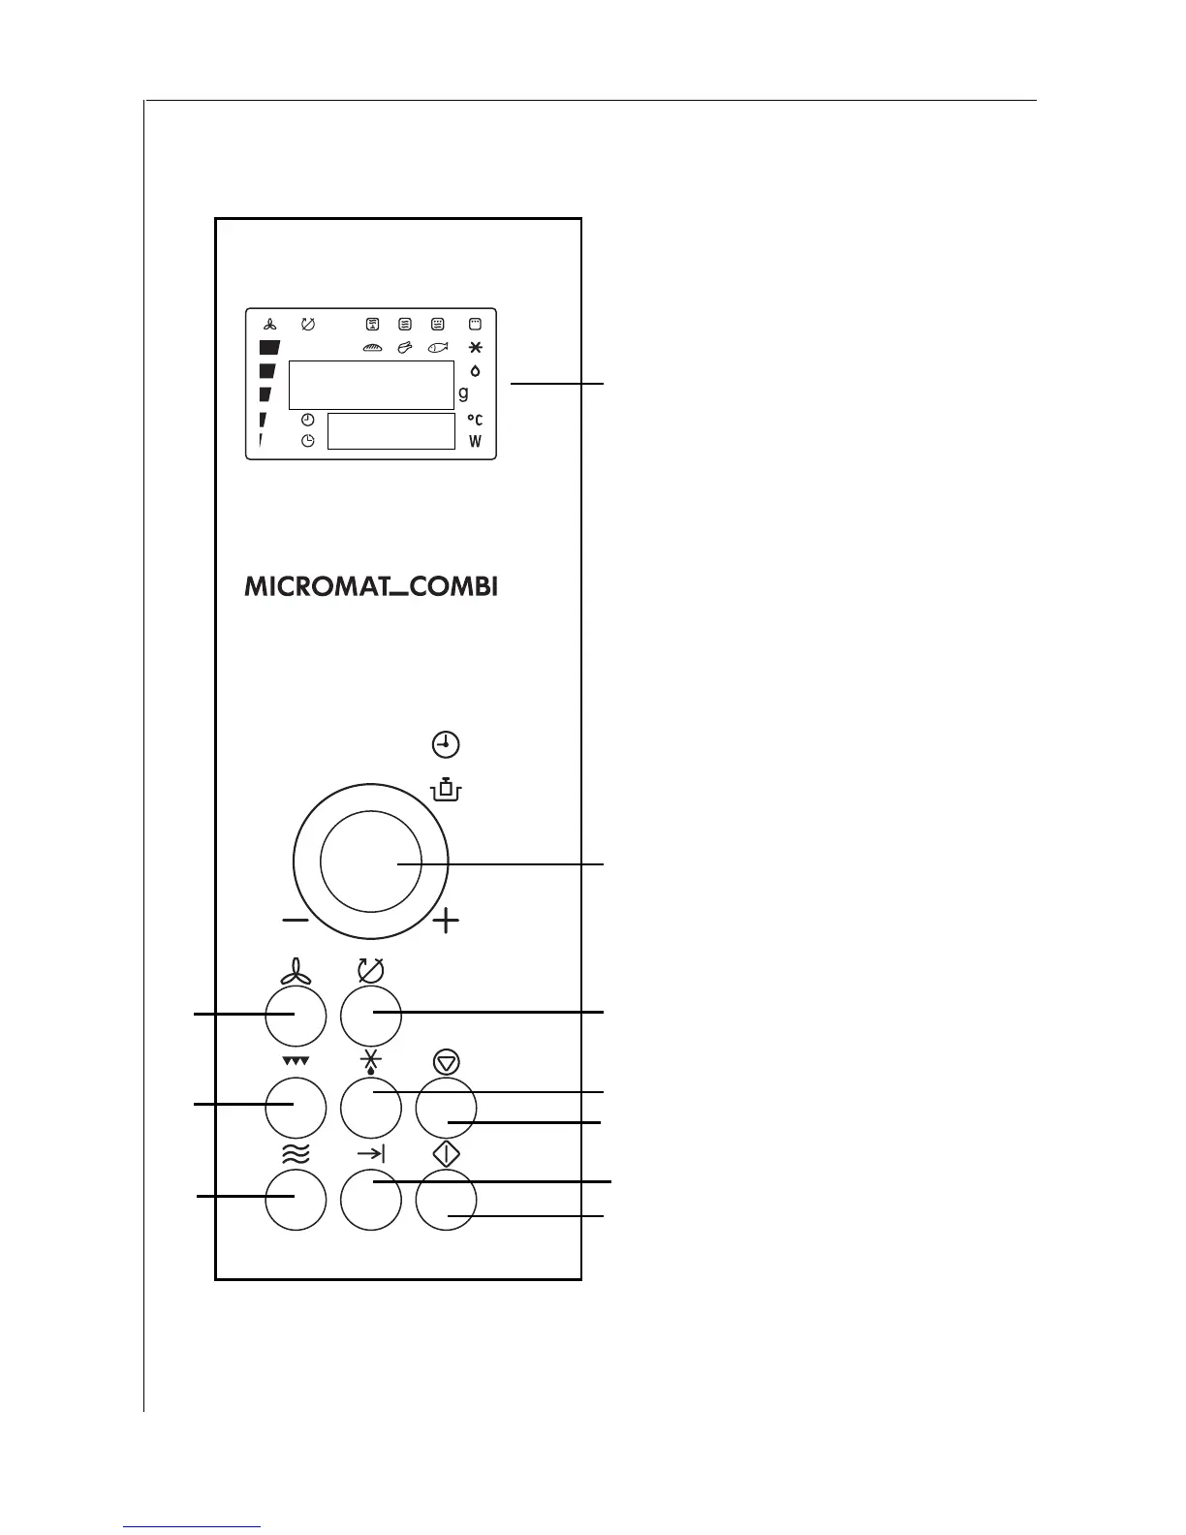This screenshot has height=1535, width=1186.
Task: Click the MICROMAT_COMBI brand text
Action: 371,587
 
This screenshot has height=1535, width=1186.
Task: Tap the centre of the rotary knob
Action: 371,862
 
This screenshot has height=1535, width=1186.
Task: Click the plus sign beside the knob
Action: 446,921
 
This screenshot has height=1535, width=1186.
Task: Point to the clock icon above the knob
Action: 446,745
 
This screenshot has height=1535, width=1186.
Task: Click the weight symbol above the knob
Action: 446,790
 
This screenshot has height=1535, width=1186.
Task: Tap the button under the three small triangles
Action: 296,1106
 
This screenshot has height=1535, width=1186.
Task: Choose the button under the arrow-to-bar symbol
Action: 371,1200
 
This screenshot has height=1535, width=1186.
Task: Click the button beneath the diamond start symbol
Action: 446,1200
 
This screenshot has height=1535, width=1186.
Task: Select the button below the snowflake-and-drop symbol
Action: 371,1106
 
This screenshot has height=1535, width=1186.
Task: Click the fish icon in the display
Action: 438,347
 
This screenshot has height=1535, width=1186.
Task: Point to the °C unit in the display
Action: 475,420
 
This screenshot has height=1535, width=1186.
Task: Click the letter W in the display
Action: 476,442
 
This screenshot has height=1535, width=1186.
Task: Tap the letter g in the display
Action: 464,393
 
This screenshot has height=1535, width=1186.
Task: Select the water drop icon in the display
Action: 475,370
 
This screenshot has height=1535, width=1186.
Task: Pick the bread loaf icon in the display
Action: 373,347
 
